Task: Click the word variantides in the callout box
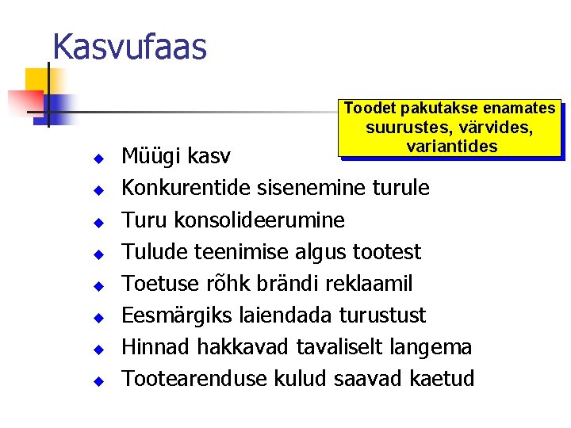(x=451, y=147)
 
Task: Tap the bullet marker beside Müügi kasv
(x=98, y=159)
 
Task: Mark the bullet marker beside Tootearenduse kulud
(x=98, y=381)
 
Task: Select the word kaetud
(x=443, y=379)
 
